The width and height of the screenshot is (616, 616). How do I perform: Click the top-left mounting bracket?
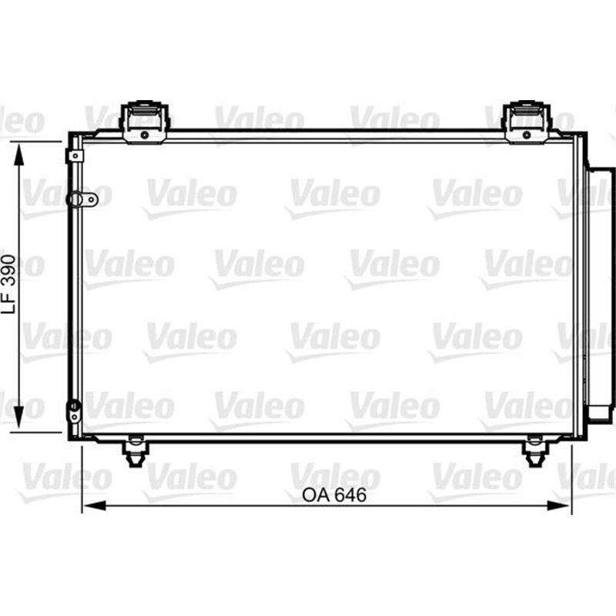(x=145, y=121)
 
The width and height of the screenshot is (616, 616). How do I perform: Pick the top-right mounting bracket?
(x=527, y=121)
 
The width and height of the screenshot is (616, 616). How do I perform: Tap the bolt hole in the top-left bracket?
(x=145, y=134)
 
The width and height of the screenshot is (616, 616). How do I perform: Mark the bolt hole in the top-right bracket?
(x=527, y=134)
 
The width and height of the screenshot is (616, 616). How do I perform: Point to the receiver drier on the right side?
(x=599, y=293)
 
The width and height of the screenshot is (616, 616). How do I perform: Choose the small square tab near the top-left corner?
(x=75, y=156)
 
